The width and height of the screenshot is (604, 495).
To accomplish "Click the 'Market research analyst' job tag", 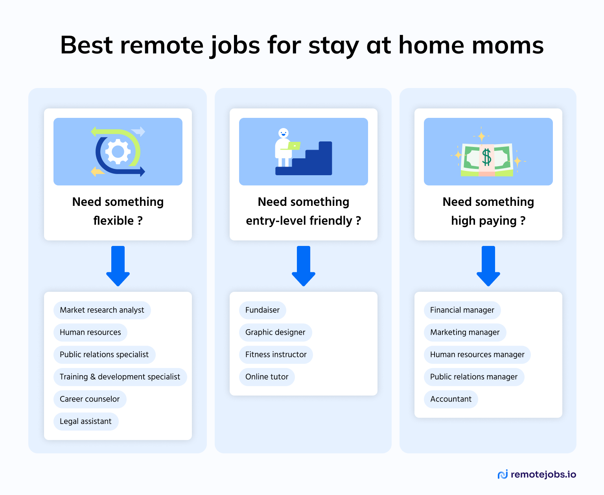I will click(x=102, y=310).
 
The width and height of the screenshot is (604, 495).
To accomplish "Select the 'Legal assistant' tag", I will click(x=86, y=421).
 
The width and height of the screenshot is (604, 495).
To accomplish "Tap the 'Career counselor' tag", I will click(x=90, y=399).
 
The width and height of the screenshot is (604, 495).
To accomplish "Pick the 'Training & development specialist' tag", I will click(x=120, y=377).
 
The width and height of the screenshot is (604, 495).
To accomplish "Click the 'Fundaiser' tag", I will click(x=262, y=310).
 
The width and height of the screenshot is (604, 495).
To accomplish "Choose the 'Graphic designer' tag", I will click(x=275, y=332).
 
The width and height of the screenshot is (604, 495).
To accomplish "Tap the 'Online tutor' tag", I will click(x=267, y=377).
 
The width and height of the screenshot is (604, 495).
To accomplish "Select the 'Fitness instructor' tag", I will click(x=276, y=354).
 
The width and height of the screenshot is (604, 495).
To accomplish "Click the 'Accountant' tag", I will click(x=451, y=399).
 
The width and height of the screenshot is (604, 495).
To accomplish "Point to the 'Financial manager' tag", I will click(x=462, y=310).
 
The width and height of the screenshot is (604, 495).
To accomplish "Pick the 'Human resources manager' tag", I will click(x=477, y=354).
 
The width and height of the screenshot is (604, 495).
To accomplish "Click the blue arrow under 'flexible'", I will click(x=118, y=266).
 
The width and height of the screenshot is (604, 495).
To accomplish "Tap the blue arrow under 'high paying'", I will click(x=488, y=266).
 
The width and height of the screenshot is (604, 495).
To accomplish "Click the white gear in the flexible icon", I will click(x=118, y=152).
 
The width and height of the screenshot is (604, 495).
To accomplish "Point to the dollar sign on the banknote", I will click(x=487, y=157).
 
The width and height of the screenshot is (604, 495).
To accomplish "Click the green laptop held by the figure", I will click(x=294, y=146).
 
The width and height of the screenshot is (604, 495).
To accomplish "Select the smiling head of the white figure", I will click(x=283, y=133).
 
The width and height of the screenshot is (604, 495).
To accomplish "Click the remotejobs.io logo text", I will click(x=543, y=475).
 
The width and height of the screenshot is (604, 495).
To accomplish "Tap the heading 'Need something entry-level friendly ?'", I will click(x=303, y=211).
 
